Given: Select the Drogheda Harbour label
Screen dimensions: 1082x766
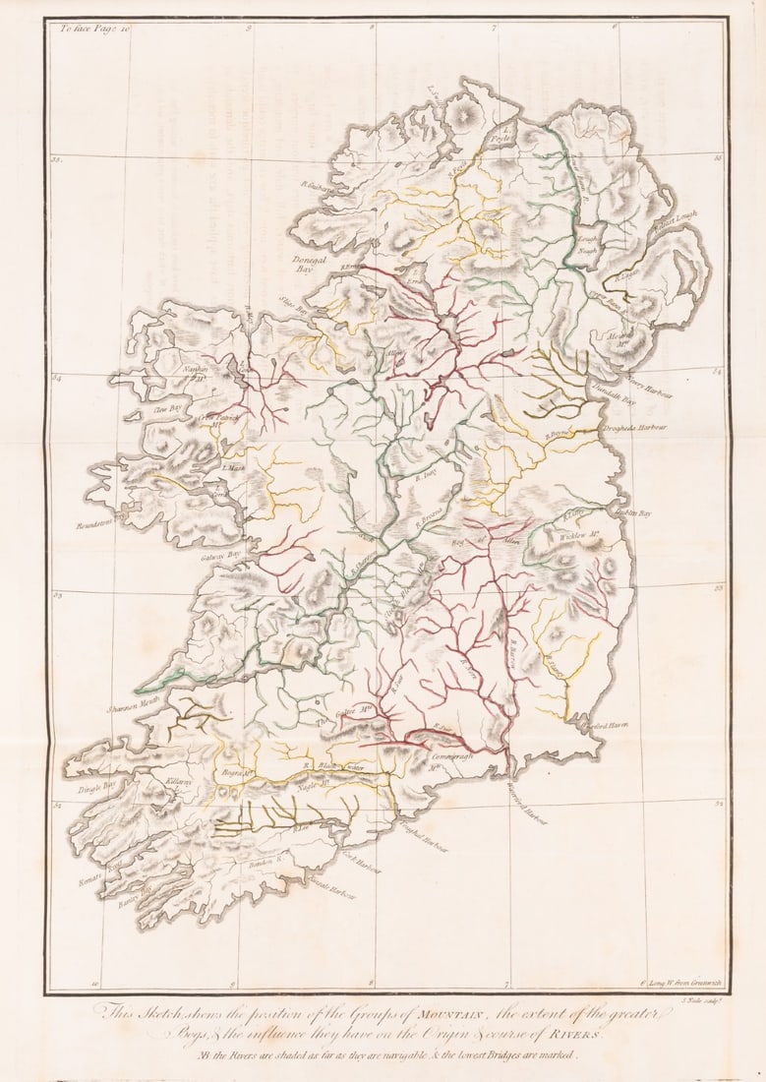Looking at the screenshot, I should point(634,429).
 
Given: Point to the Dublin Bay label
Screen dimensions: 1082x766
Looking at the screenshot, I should point(632,512).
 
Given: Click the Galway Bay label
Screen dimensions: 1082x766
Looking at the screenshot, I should point(221,556).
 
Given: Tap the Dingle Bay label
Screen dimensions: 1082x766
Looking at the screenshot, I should point(96,786).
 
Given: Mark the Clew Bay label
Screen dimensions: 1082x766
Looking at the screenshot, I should point(168,405).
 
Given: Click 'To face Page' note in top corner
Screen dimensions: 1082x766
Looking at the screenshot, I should point(94,30).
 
